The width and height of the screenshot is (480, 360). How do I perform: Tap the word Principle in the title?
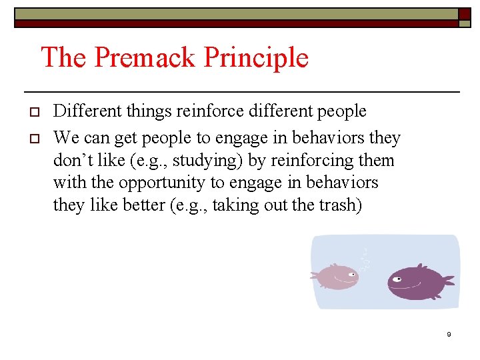pos(256,59)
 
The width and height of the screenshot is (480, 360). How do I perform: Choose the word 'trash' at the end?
pos(340,205)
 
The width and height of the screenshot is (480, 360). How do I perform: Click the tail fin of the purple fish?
pos(447,280)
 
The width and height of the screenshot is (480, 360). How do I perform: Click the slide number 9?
pos(449,334)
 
